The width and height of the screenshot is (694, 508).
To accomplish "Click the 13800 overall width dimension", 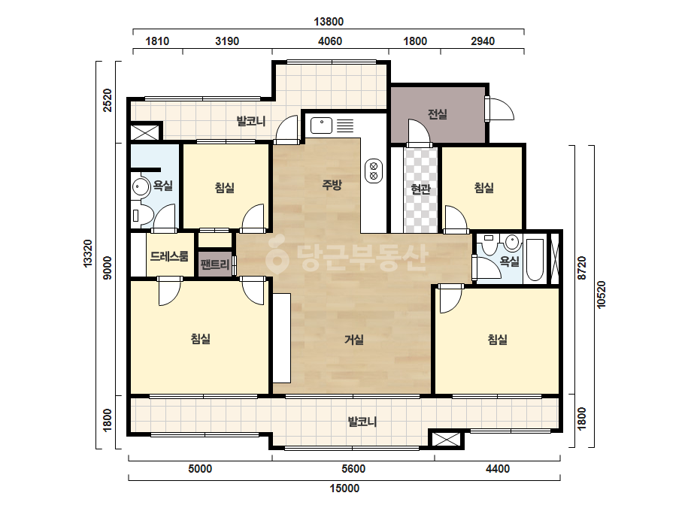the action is (x=329, y=21).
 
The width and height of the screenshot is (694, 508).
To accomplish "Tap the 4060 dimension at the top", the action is (x=330, y=41).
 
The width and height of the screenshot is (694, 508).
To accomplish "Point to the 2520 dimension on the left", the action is (x=108, y=101).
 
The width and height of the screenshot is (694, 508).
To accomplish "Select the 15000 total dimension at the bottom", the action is (x=344, y=488).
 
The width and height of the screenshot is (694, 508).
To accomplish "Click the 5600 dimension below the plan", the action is (x=353, y=469).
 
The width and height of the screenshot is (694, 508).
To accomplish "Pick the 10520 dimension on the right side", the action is (x=601, y=295).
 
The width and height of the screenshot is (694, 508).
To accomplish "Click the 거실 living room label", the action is (x=354, y=340).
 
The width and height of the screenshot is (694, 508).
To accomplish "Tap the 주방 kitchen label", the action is (x=332, y=185).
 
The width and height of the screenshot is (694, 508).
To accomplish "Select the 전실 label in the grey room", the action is (x=438, y=114).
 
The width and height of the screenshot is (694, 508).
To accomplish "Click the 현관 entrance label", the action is (x=420, y=189).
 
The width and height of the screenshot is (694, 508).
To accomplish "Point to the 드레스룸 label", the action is (x=169, y=256).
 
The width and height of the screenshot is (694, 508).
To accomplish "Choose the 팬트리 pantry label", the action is (x=215, y=265).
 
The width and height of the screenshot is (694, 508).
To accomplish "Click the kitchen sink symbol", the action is (x=321, y=125).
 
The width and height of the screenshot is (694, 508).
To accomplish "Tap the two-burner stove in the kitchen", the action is (x=373, y=171).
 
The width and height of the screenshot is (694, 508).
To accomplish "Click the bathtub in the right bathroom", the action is (x=535, y=260).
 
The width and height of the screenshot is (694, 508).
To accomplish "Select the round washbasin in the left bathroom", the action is (x=141, y=187).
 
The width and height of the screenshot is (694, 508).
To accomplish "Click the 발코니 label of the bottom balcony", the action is (x=362, y=422).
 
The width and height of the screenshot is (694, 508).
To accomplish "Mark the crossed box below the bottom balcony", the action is (x=446, y=440).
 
